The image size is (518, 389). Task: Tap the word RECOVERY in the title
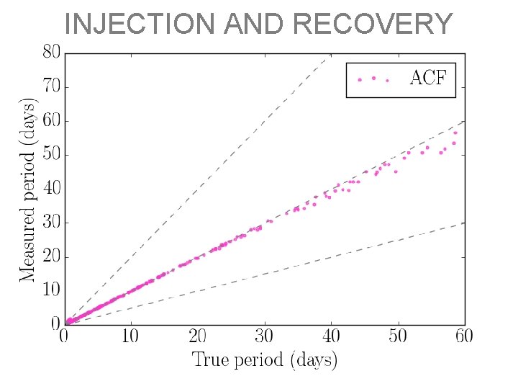point(373,24)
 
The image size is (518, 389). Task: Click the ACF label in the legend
point(427,79)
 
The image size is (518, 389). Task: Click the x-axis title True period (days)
point(264,359)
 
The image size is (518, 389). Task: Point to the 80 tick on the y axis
point(50,53)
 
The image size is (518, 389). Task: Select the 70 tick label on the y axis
point(50,86)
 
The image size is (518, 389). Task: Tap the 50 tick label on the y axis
point(50,155)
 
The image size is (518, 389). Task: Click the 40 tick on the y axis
point(50,189)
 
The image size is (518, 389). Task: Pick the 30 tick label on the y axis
point(50,223)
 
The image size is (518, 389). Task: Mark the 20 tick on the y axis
point(50,256)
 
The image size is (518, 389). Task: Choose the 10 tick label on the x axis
point(130,336)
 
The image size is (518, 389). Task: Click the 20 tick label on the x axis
point(197,336)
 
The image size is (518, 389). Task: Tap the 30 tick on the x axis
point(264,336)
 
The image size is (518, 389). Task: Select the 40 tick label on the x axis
point(331,336)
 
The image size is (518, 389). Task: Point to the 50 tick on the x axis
point(398,336)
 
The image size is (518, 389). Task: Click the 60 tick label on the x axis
point(464,336)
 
